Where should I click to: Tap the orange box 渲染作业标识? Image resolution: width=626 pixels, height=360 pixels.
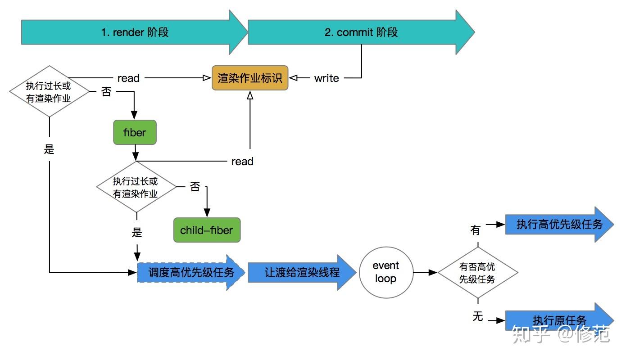pos(250,78)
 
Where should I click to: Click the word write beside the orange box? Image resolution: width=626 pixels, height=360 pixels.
pos(327,78)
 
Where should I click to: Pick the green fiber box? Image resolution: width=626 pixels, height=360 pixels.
pos(135,132)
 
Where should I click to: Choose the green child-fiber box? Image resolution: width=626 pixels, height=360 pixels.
pos(207,230)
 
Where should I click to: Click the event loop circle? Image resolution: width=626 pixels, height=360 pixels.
pos(386,272)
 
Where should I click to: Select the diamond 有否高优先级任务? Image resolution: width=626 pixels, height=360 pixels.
pos(477,273)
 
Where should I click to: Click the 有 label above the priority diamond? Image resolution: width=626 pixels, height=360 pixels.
pos(476,230)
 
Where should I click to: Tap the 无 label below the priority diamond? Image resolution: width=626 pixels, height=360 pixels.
pos(477,317)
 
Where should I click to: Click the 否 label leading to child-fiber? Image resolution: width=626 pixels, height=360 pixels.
pos(195,187)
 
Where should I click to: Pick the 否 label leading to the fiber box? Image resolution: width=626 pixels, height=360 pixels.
pos(106,92)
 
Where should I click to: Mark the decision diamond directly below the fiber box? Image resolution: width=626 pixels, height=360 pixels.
pos(136,188)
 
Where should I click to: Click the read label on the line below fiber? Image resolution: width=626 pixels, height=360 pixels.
pos(242,162)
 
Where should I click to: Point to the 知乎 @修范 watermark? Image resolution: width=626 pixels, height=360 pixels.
pos(561,334)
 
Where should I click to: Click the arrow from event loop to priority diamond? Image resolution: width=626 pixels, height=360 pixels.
pos(425,272)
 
